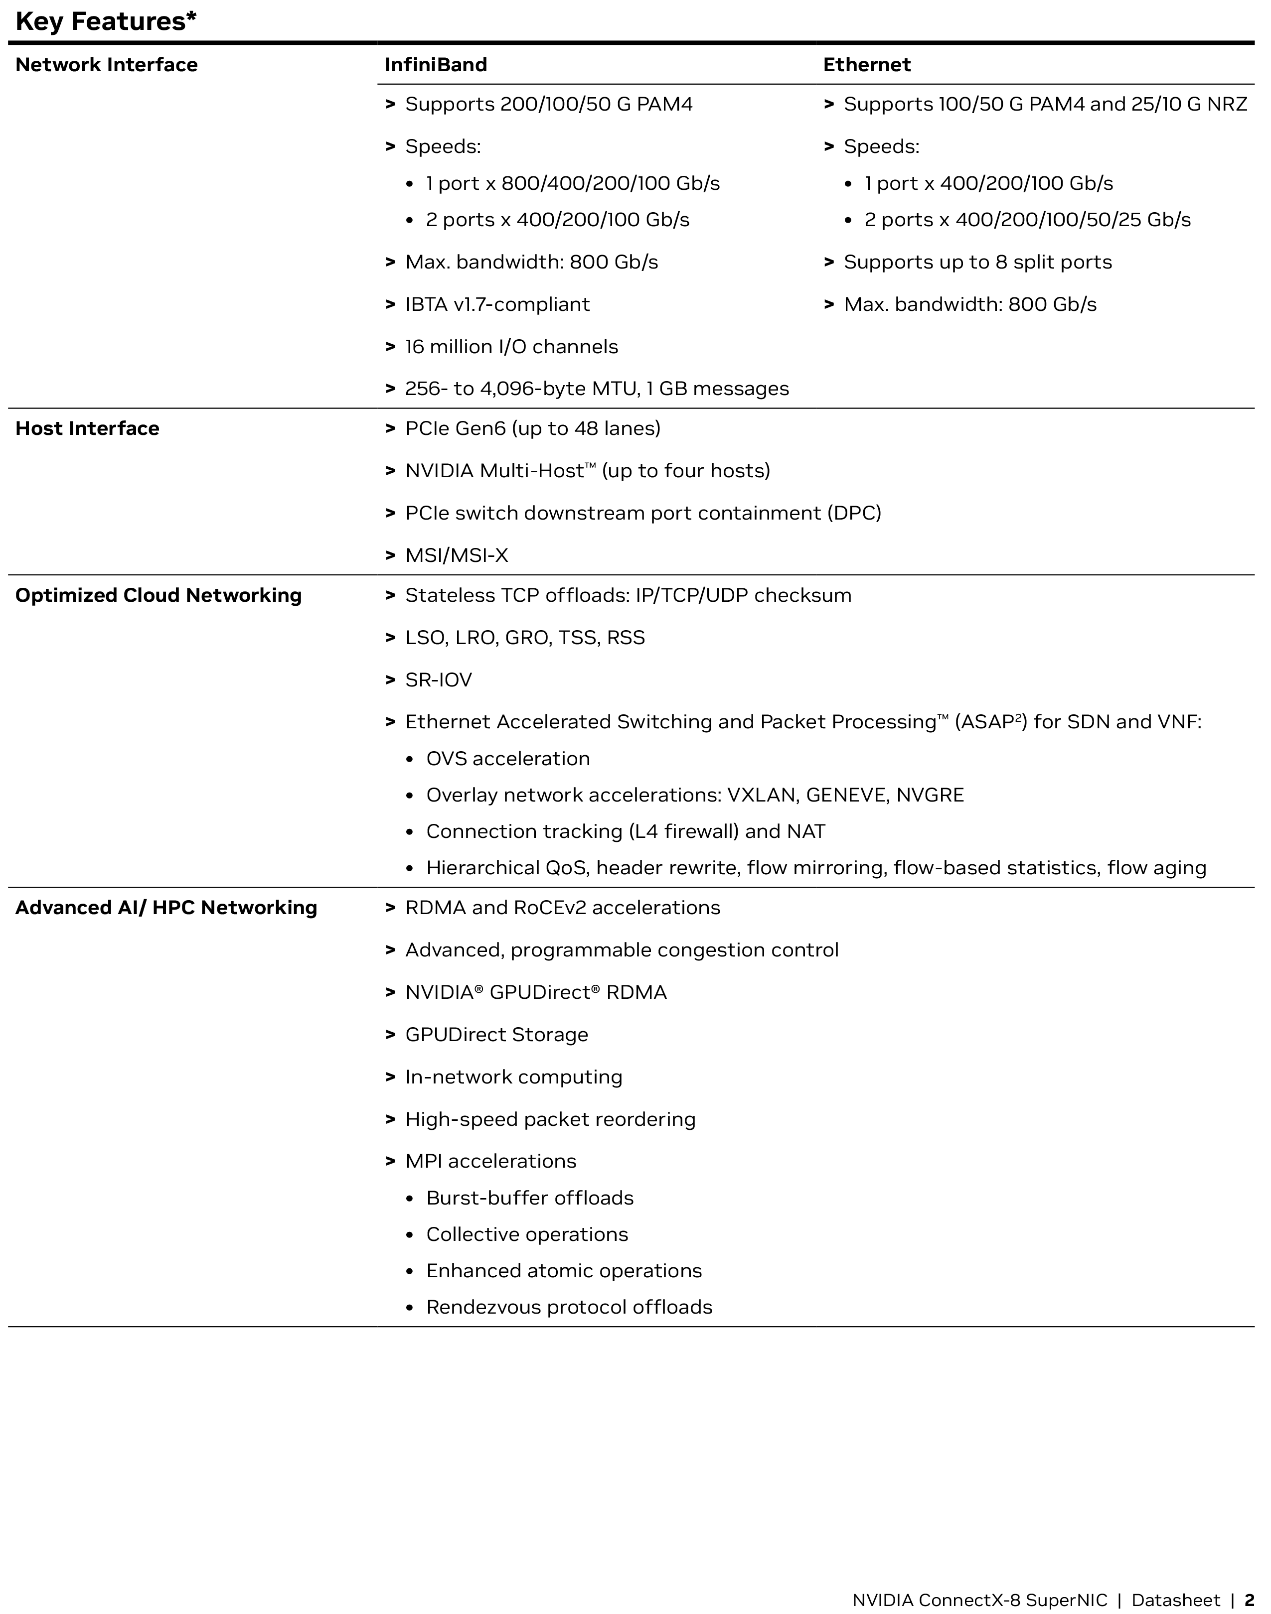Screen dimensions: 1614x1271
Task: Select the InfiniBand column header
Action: [435, 65]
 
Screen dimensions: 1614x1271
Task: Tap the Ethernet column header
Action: [866, 65]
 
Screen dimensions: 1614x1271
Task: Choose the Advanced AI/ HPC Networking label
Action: [166, 908]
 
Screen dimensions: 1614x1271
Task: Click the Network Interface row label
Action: [106, 65]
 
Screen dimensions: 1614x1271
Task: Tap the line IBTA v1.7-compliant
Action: [497, 304]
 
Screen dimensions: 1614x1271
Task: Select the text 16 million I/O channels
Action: [511, 347]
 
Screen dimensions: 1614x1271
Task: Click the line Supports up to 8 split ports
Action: [977, 262]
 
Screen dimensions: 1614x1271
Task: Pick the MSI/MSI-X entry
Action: [456, 555]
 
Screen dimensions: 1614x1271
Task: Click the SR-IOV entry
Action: [438, 680]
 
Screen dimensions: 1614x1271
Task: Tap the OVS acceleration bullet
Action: [507, 759]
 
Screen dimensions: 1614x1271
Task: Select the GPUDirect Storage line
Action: [496, 1035]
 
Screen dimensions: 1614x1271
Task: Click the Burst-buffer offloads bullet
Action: [529, 1198]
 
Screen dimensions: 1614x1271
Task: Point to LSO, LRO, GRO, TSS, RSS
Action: [525, 638]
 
